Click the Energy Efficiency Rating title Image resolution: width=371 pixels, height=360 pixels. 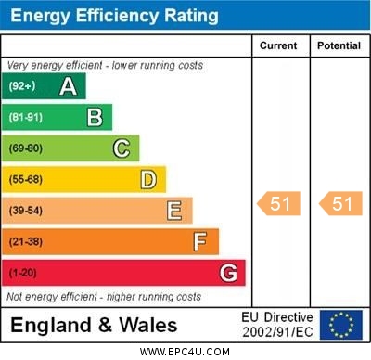click(x=115, y=16)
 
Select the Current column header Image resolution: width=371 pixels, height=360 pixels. click(x=278, y=45)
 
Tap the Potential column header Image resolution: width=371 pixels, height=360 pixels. click(x=339, y=45)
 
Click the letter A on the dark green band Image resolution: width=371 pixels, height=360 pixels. click(x=68, y=86)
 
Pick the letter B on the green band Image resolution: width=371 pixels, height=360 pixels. click(x=95, y=117)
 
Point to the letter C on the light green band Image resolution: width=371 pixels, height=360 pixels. click(x=122, y=148)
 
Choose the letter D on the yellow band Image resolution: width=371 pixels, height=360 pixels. click(x=148, y=179)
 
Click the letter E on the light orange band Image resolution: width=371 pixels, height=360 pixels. click(x=174, y=211)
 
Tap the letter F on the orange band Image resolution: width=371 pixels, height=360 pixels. click(x=200, y=241)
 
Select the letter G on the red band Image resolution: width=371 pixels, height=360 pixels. click(x=228, y=273)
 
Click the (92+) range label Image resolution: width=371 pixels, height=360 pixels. click(x=23, y=86)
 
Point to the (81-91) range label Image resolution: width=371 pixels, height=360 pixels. click(x=27, y=117)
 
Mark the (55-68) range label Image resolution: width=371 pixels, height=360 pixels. click(x=27, y=179)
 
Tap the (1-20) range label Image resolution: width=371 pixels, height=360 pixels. click(x=24, y=273)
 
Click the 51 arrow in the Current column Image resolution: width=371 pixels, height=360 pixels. click(x=279, y=204)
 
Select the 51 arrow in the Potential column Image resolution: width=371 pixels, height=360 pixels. click(x=340, y=204)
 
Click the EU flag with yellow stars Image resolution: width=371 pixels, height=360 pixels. click(x=342, y=325)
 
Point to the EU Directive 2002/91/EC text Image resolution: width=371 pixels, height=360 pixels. click(x=278, y=325)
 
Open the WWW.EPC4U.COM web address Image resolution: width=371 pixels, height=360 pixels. click(x=186, y=352)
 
